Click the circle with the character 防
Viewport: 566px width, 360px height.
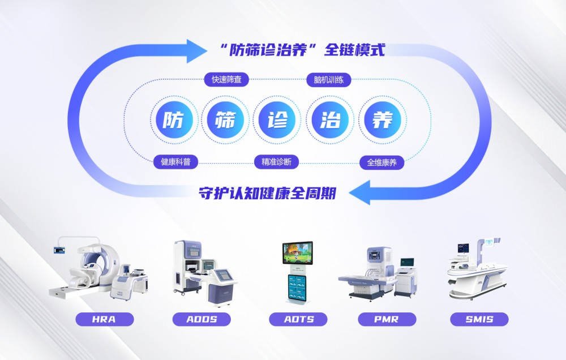[x=174, y=121]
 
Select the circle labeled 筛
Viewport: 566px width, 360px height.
[x=226, y=121]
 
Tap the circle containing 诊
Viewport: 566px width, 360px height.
[x=277, y=121]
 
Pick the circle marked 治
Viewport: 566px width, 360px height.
[x=330, y=121]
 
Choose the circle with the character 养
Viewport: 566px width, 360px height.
[x=382, y=121]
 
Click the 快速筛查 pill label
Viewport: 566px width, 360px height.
[x=226, y=80]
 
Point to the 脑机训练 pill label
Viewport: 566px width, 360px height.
[x=328, y=80]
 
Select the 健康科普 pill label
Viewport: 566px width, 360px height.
[x=175, y=162]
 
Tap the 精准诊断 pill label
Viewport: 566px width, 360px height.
[x=276, y=162]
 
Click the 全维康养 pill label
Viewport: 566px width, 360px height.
[x=382, y=162]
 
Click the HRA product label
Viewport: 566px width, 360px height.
[x=104, y=319]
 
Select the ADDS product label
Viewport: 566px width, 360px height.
[x=201, y=319]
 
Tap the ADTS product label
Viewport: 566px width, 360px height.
[x=298, y=319]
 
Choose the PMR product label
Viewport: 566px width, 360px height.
[x=387, y=319]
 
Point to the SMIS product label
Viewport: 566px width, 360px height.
[x=479, y=319]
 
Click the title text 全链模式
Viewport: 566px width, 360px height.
[x=354, y=50]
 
